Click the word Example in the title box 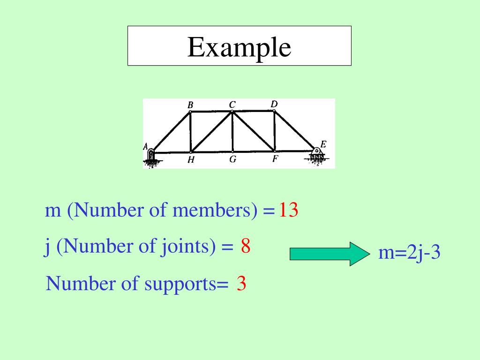(239, 47)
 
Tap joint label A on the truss (146, 147)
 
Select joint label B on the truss (190, 105)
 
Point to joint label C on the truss (232, 105)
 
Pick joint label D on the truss (274, 104)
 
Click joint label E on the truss (323, 144)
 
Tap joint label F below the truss (275, 159)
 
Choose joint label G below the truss (232, 159)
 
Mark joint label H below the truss (191, 160)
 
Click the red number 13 (289, 211)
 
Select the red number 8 (246, 246)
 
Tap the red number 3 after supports (241, 284)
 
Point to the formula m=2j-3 (409, 253)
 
